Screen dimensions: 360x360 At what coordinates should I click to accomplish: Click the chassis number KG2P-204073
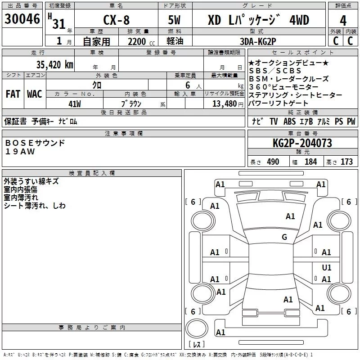tap(302, 143)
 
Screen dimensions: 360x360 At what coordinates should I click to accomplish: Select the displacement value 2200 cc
tap(138, 41)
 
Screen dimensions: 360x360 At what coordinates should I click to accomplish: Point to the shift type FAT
tap(13, 94)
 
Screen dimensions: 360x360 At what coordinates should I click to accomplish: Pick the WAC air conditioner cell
tap(35, 94)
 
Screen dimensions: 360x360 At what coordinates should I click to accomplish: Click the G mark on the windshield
tap(284, 237)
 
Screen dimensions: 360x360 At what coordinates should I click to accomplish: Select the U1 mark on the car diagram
tap(327, 267)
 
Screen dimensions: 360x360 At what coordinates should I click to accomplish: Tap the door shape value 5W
tap(175, 20)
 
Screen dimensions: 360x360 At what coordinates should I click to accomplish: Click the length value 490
tap(273, 162)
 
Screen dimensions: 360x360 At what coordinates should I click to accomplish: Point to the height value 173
tap(346, 162)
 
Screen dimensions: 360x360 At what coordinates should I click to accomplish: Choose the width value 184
tap(310, 162)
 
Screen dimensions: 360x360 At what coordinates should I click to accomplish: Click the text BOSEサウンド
tap(35, 143)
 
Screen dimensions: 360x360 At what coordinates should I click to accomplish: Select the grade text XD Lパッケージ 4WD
tap(258, 20)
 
